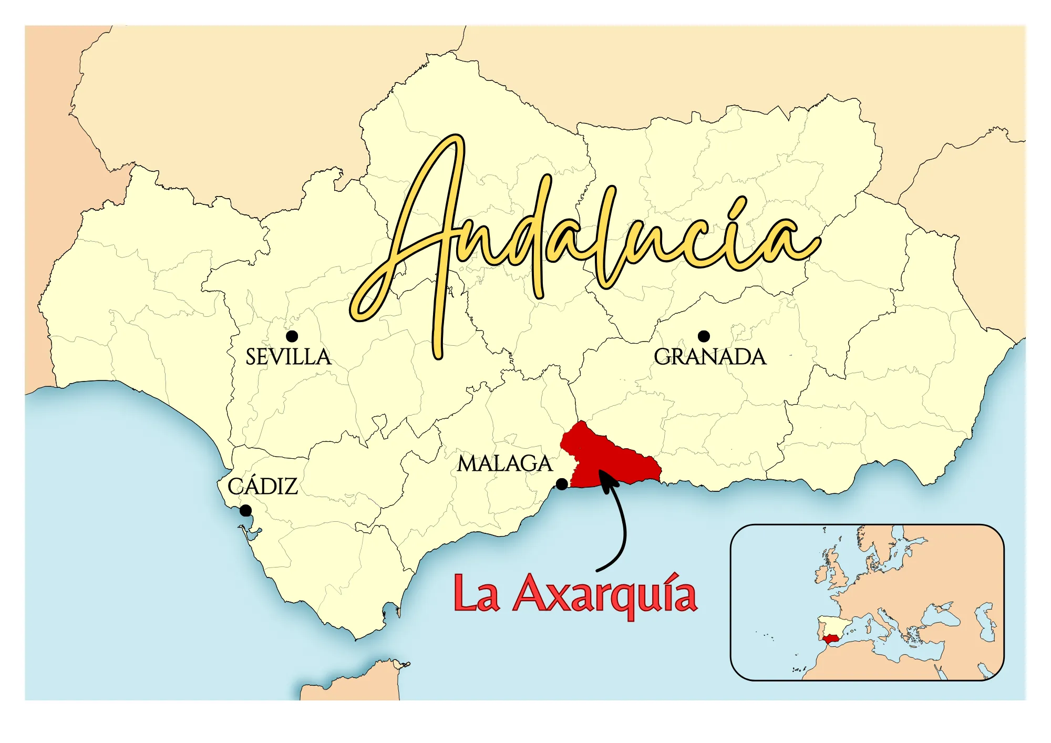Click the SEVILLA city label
pos(288,357)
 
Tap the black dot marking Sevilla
pos(292,336)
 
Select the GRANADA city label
pos(710,357)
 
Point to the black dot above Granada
pos(704,336)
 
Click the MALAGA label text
pos(504,464)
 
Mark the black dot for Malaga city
pos(562,484)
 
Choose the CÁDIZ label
pos(263,487)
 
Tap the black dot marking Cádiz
pos(245,510)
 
